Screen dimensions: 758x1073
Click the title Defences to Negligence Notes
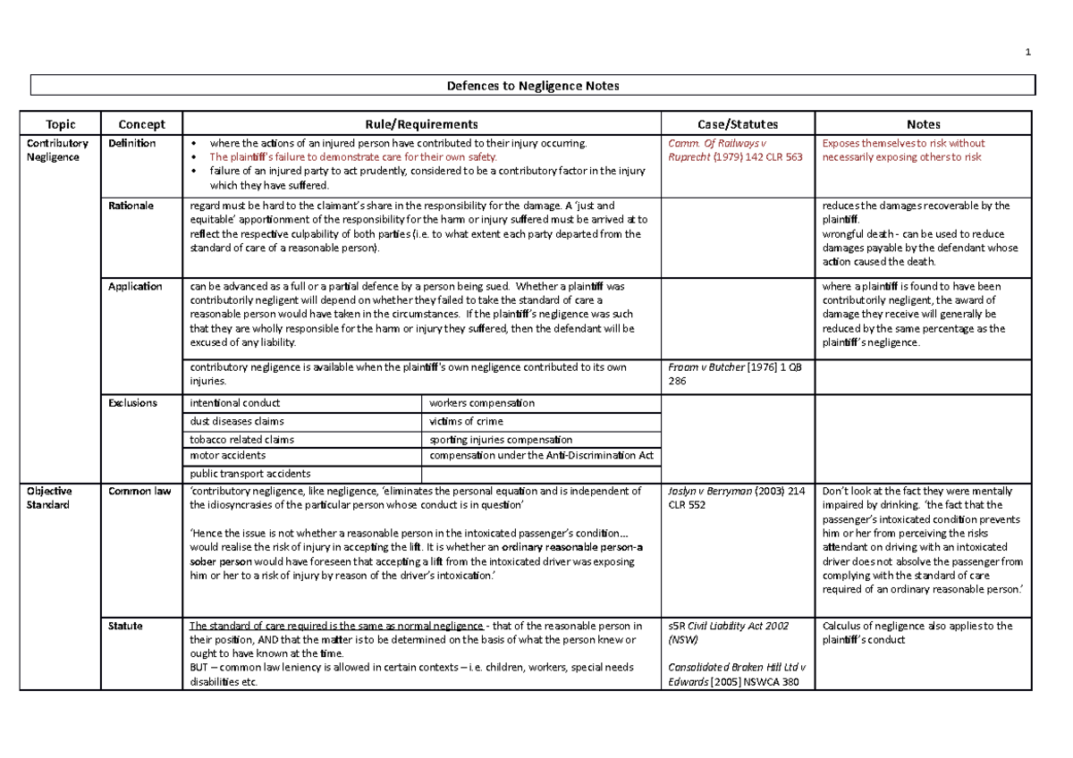coord(533,86)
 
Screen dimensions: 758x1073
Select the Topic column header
coord(61,124)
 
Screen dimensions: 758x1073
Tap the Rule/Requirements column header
coord(419,124)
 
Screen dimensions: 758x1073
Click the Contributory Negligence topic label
coord(57,150)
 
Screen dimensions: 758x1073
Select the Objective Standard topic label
coord(49,498)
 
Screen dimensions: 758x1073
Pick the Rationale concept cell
coord(131,206)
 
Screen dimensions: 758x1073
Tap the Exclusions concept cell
coord(132,403)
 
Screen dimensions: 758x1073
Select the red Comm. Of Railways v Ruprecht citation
coord(724,150)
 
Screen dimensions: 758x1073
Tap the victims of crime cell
coord(466,421)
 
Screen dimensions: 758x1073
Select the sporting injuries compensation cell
coord(501,439)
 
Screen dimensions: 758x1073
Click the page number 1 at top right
coord(1028,52)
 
